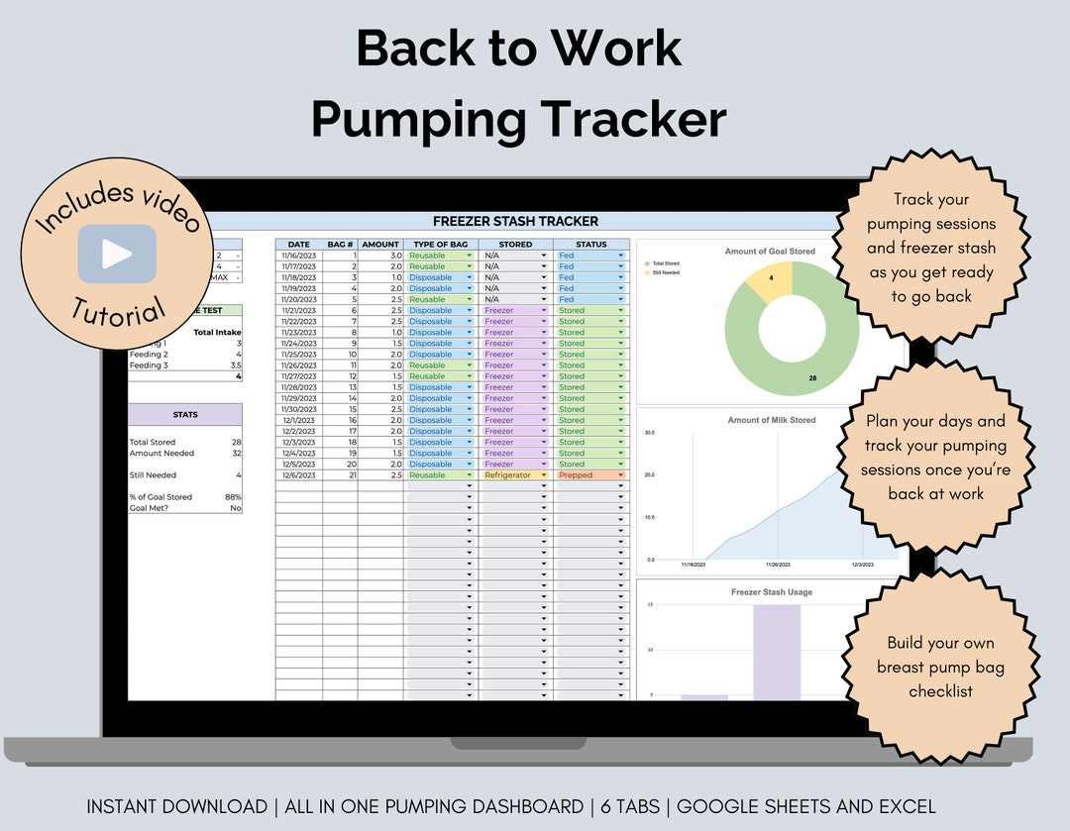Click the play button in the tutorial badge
click(117, 254)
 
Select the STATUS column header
click(590, 244)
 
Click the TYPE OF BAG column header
click(440, 244)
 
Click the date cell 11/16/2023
click(298, 256)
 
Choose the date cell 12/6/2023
click(298, 475)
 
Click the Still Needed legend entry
click(666, 272)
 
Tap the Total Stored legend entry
click(666, 263)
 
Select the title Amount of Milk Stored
click(772, 420)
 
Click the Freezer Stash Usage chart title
click(772, 592)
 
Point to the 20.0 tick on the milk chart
click(650, 474)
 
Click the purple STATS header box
click(185, 414)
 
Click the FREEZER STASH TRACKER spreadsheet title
click(515, 221)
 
